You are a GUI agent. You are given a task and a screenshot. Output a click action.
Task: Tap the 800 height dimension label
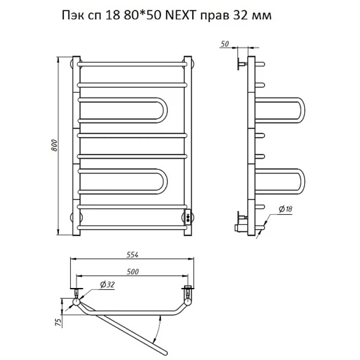[54, 145]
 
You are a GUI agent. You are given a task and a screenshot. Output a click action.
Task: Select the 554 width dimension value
[133, 255]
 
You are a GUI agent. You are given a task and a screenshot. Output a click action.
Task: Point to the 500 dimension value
[133, 271]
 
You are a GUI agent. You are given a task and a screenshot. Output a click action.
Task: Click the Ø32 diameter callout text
[107, 285]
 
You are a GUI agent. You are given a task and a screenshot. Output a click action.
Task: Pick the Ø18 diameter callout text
[285, 209]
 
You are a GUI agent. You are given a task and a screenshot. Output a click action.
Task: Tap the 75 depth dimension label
[59, 322]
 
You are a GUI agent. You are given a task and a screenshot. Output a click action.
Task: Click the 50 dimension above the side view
[225, 44]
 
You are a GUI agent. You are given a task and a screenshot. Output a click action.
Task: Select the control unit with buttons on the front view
[188, 217]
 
